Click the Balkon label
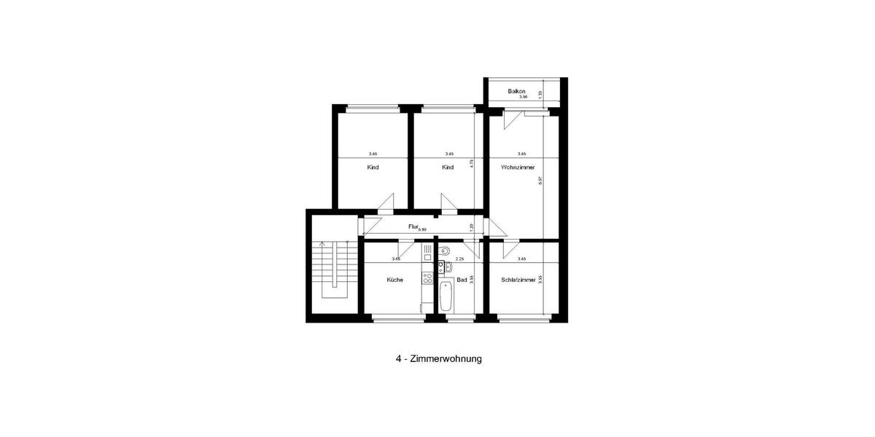(517, 91)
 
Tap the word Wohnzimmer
(518, 168)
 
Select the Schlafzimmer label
(519, 280)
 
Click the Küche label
(394, 280)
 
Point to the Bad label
(462, 280)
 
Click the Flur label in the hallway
(413, 227)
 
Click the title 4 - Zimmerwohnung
(438, 359)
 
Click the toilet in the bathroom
(444, 252)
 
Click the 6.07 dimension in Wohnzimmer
(540, 180)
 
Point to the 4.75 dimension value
(472, 165)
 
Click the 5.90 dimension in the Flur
(421, 229)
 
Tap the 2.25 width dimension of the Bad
(459, 259)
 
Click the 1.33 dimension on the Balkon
(540, 94)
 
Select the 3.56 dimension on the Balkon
(522, 97)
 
